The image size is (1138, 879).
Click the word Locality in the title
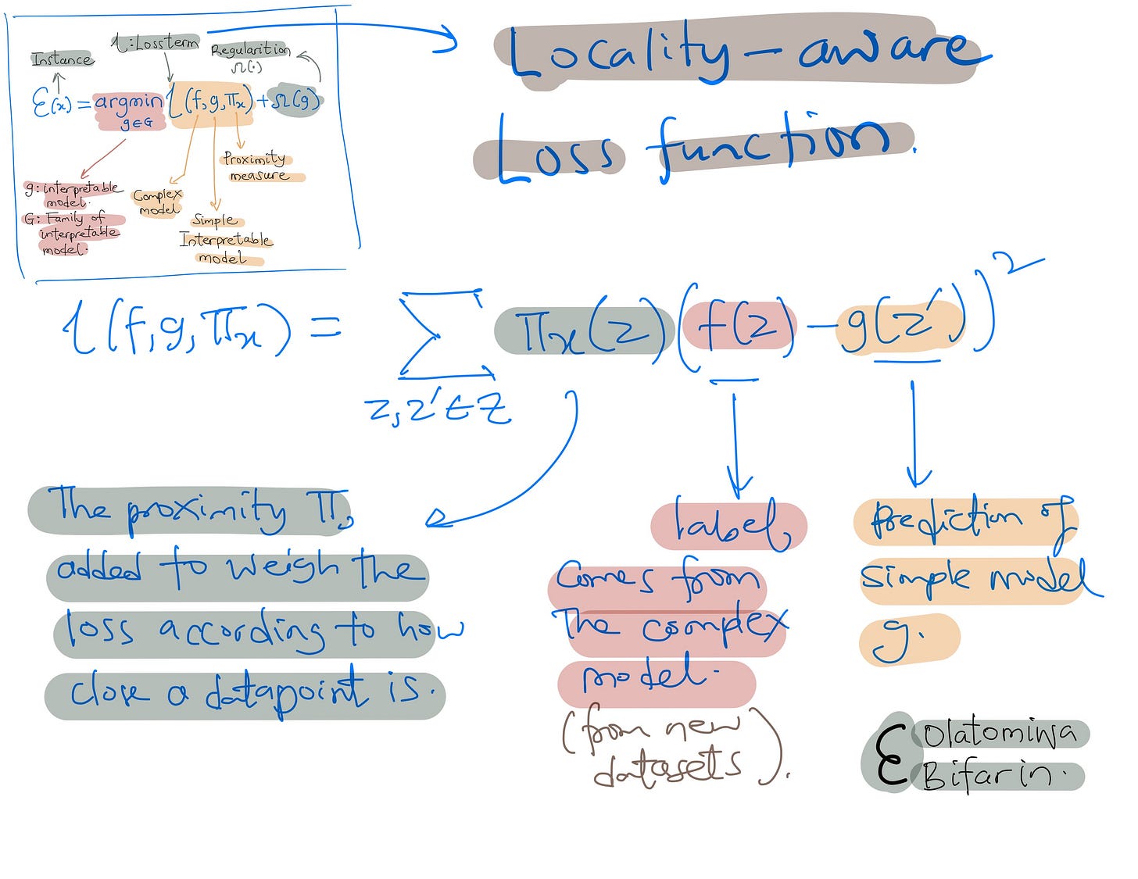coord(617,53)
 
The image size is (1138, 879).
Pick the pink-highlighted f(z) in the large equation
coord(739,327)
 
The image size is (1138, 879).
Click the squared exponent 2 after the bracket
coord(1016,266)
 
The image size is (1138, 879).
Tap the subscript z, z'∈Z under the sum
coord(438,408)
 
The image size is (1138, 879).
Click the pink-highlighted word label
coord(728,525)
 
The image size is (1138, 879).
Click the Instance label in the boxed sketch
coord(63,59)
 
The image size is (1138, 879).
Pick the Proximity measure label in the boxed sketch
coord(256,166)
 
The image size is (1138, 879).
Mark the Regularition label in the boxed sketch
coord(249,50)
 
